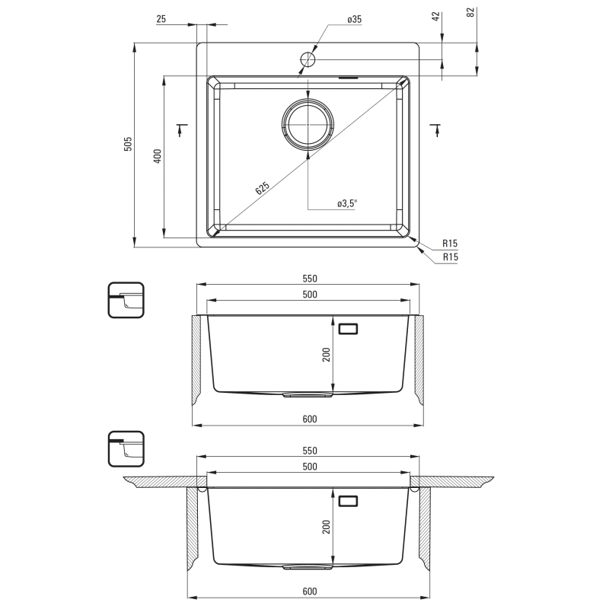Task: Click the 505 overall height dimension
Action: point(128,144)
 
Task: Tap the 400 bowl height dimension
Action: point(158,156)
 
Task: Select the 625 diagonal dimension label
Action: point(263,188)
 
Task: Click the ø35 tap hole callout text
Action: point(355,20)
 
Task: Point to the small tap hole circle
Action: point(308,59)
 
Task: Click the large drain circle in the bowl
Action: point(308,124)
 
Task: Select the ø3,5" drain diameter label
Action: point(347,203)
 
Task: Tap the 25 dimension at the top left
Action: point(161,19)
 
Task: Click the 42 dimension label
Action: point(435,16)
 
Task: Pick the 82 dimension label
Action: point(470,12)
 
